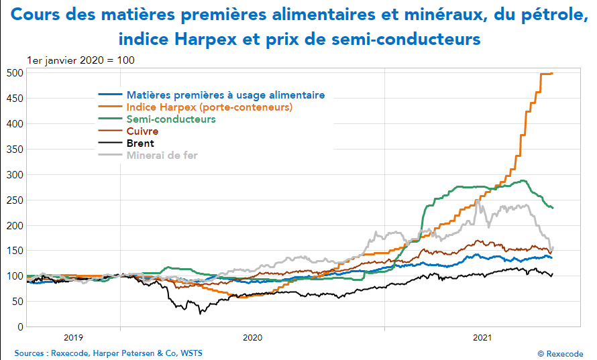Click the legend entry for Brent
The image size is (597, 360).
[140, 143]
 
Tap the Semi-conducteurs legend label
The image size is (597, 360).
[171, 119]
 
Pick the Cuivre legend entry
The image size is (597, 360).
[142, 131]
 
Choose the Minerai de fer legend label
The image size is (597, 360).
[162, 156]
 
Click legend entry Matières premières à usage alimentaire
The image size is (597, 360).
[225, 95]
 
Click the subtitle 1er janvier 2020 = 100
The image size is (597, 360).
[80, 60]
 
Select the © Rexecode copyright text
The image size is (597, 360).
[560, 353]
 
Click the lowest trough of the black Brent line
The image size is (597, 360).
[199, 312]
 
